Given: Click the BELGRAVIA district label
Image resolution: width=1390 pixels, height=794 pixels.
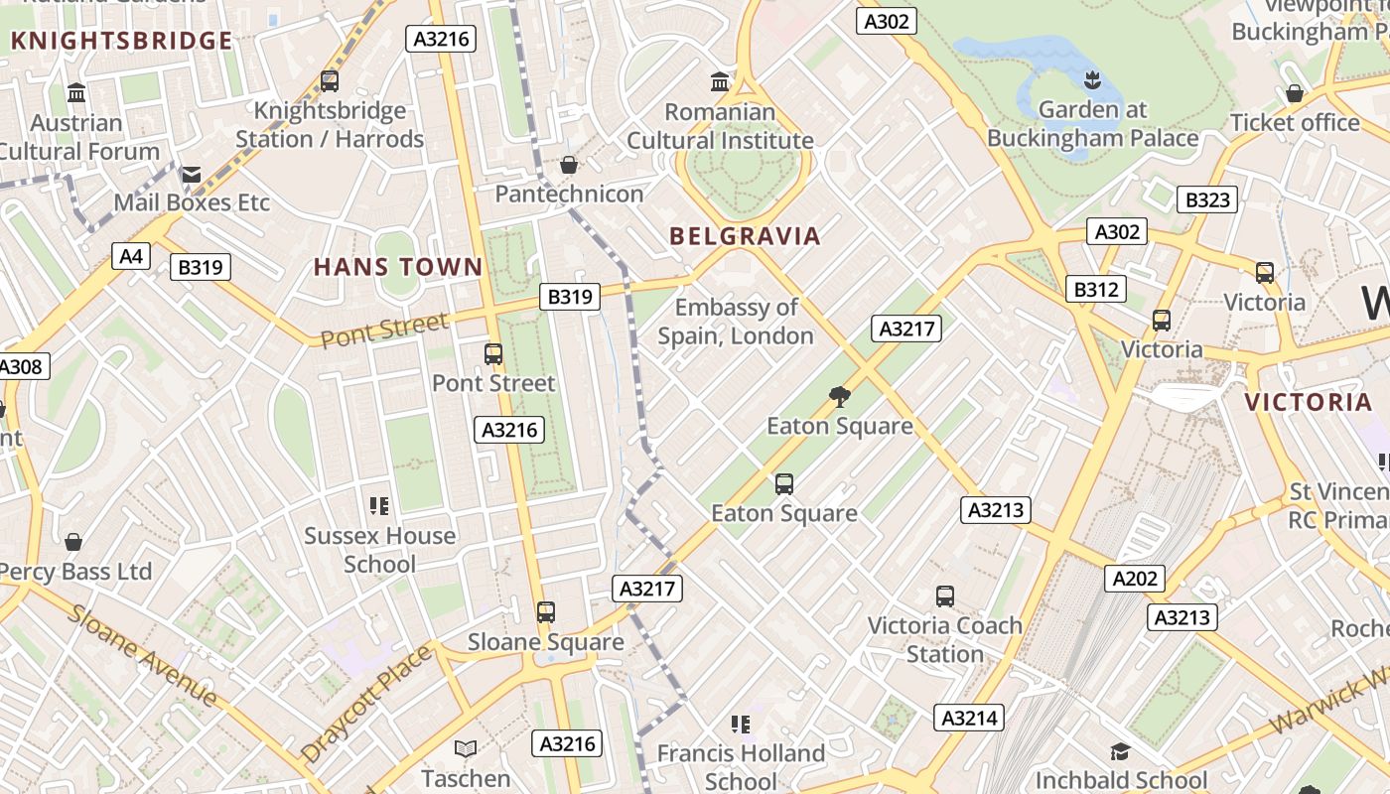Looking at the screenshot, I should (x=745, y=236).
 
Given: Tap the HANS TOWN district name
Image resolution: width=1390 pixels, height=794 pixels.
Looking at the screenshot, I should (x=398, y=267).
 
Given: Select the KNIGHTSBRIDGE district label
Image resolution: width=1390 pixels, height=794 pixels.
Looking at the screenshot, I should (x=121, y=41).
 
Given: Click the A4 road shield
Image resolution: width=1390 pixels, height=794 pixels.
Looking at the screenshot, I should (x=131, y=257).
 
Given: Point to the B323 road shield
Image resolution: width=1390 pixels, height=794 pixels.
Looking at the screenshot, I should (x=1208, y=199).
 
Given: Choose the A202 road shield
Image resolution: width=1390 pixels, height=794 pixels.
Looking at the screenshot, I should (x=1135, y=579).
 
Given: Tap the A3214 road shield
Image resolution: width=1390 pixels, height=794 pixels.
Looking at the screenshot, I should (x=969, y=718).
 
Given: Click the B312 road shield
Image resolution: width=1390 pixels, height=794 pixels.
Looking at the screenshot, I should (x=1096, y=289).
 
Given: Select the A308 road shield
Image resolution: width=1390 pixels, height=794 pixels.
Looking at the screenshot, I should (x=21, y=366).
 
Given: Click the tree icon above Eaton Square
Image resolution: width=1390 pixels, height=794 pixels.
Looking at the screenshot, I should (x=840, y=397).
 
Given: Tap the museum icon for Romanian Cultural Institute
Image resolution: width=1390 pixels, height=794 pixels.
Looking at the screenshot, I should (x=720, y=81).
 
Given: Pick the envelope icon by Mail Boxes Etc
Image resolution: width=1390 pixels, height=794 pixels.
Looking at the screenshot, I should (x=191, y=175).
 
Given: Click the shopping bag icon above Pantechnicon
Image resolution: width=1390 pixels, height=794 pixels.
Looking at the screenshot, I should (x=569, y=164).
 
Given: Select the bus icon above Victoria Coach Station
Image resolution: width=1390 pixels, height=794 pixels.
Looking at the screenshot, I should (x=945, y=596).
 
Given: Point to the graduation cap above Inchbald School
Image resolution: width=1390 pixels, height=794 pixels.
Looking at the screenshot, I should (x=1120, y=751).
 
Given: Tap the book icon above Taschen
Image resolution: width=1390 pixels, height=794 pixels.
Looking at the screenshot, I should (x=466, y=748).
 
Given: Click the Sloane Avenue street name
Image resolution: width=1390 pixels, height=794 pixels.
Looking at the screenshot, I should (x=144, y=654).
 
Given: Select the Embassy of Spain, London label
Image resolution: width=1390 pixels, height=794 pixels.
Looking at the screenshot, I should (x=736, y=322).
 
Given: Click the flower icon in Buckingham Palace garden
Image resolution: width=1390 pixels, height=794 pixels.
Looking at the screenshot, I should (x=1092, y=79).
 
